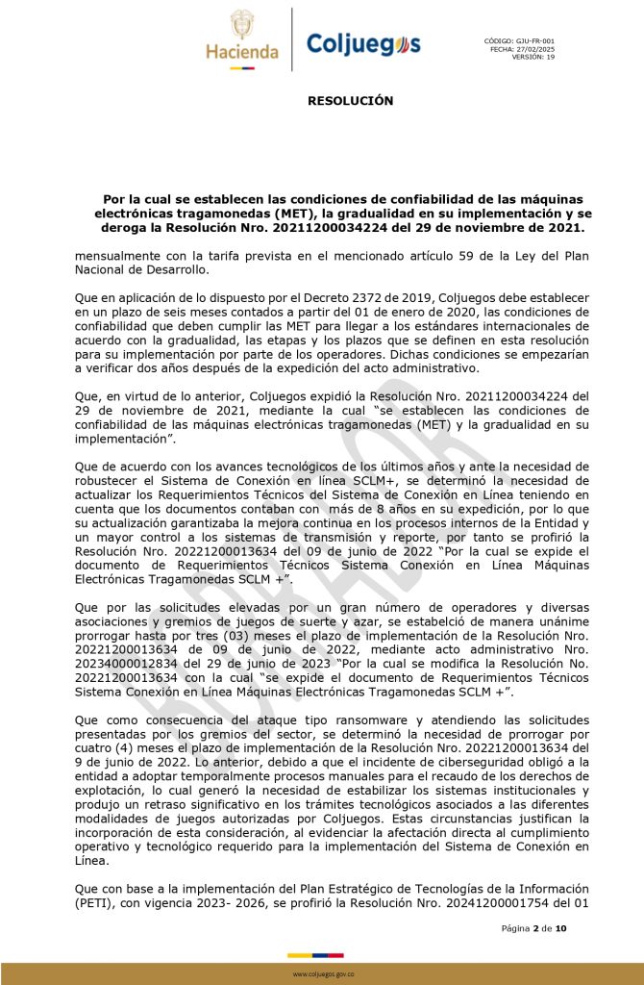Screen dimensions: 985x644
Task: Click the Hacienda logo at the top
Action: [x=241, y=37]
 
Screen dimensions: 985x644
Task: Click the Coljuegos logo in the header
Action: [x=363, y=43]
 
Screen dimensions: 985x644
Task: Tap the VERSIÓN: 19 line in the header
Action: [x=533, y=58]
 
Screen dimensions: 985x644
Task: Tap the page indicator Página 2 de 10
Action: [x=533, y=928]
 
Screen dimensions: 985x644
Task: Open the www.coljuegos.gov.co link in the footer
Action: [x=322, y=974]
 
